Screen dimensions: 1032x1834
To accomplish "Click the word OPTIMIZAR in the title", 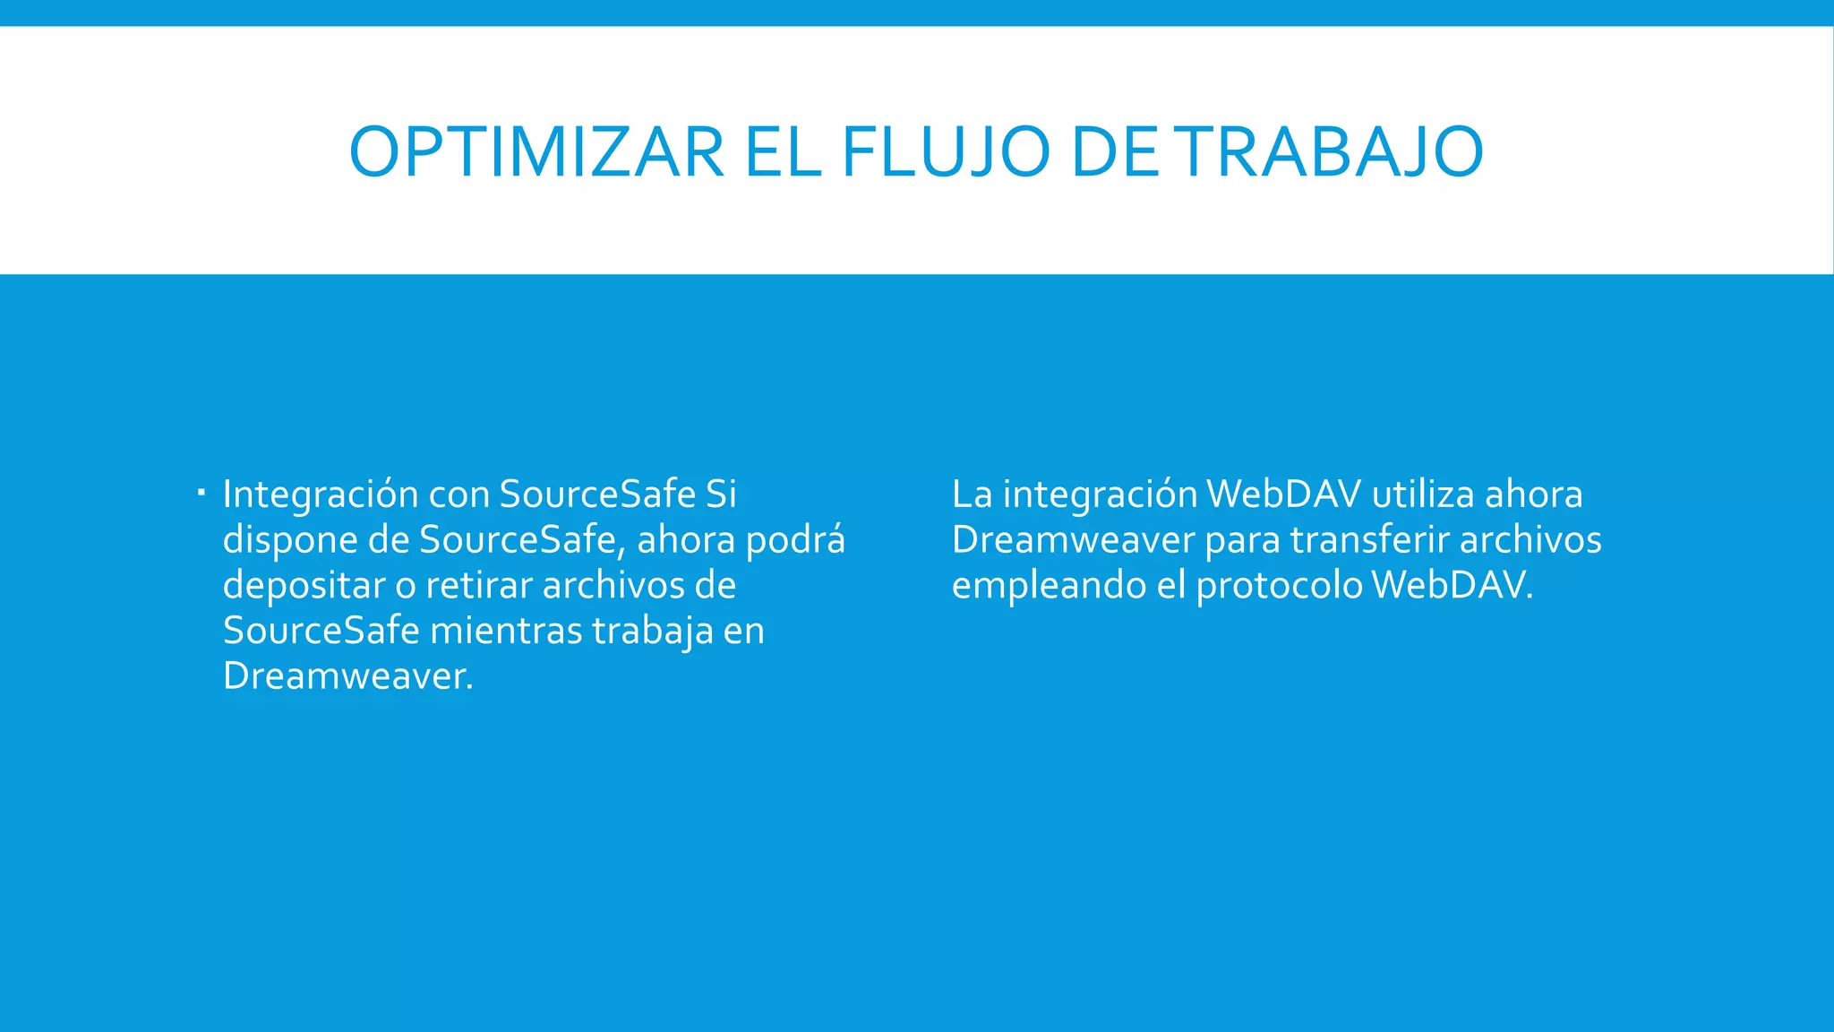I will click(536, 152).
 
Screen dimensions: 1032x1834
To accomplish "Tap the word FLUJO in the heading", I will click(946, 152).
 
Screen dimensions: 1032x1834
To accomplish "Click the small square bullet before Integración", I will click(201, 492).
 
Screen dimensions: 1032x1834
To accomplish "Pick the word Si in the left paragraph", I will click(721, 494).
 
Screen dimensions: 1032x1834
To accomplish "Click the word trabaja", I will click(653, 632).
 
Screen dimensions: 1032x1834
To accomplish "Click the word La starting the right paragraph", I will click(972, 494).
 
